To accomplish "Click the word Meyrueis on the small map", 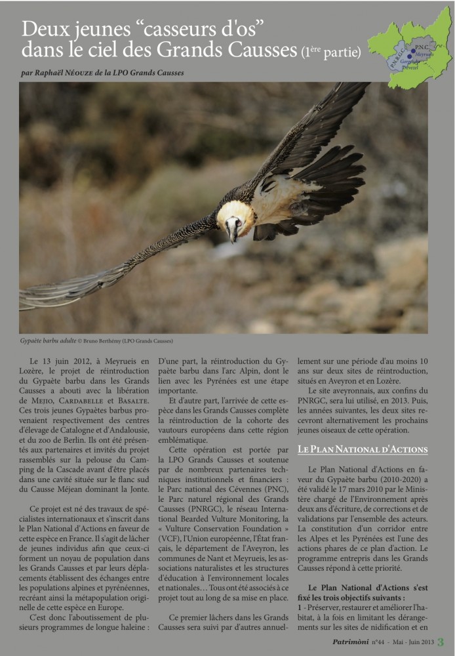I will coord(424,54).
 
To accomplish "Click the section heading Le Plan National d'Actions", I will coord(363,449).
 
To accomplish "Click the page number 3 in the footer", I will coord(441,642).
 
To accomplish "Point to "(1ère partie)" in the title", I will coord(331,52).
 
